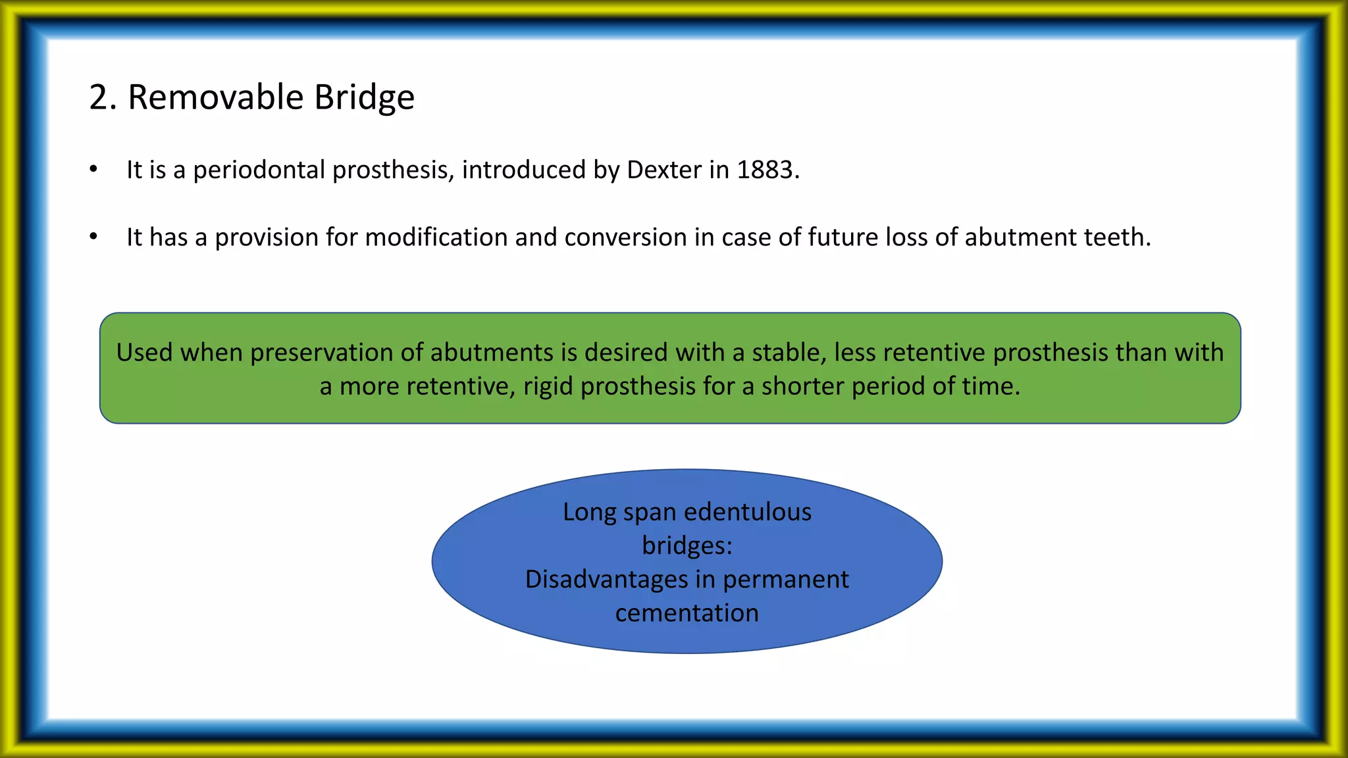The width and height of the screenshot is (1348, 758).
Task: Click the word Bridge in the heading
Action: (x=364, y=97)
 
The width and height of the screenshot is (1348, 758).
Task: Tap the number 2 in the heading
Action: (x=98, y=97)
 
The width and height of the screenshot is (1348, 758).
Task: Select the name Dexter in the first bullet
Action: (x=664, y=170)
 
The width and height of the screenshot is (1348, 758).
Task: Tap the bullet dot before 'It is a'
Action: (x=93, y=169)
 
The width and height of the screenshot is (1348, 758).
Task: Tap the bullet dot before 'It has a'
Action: (x=93, y=236)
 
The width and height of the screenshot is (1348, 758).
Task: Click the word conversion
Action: (x=625, y=237)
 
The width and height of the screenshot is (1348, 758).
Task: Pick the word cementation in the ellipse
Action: (x=687, y=613)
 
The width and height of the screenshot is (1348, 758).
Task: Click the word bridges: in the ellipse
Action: (x=687, y=545)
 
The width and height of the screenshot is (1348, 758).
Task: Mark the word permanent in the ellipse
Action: (x=785, y=579)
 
